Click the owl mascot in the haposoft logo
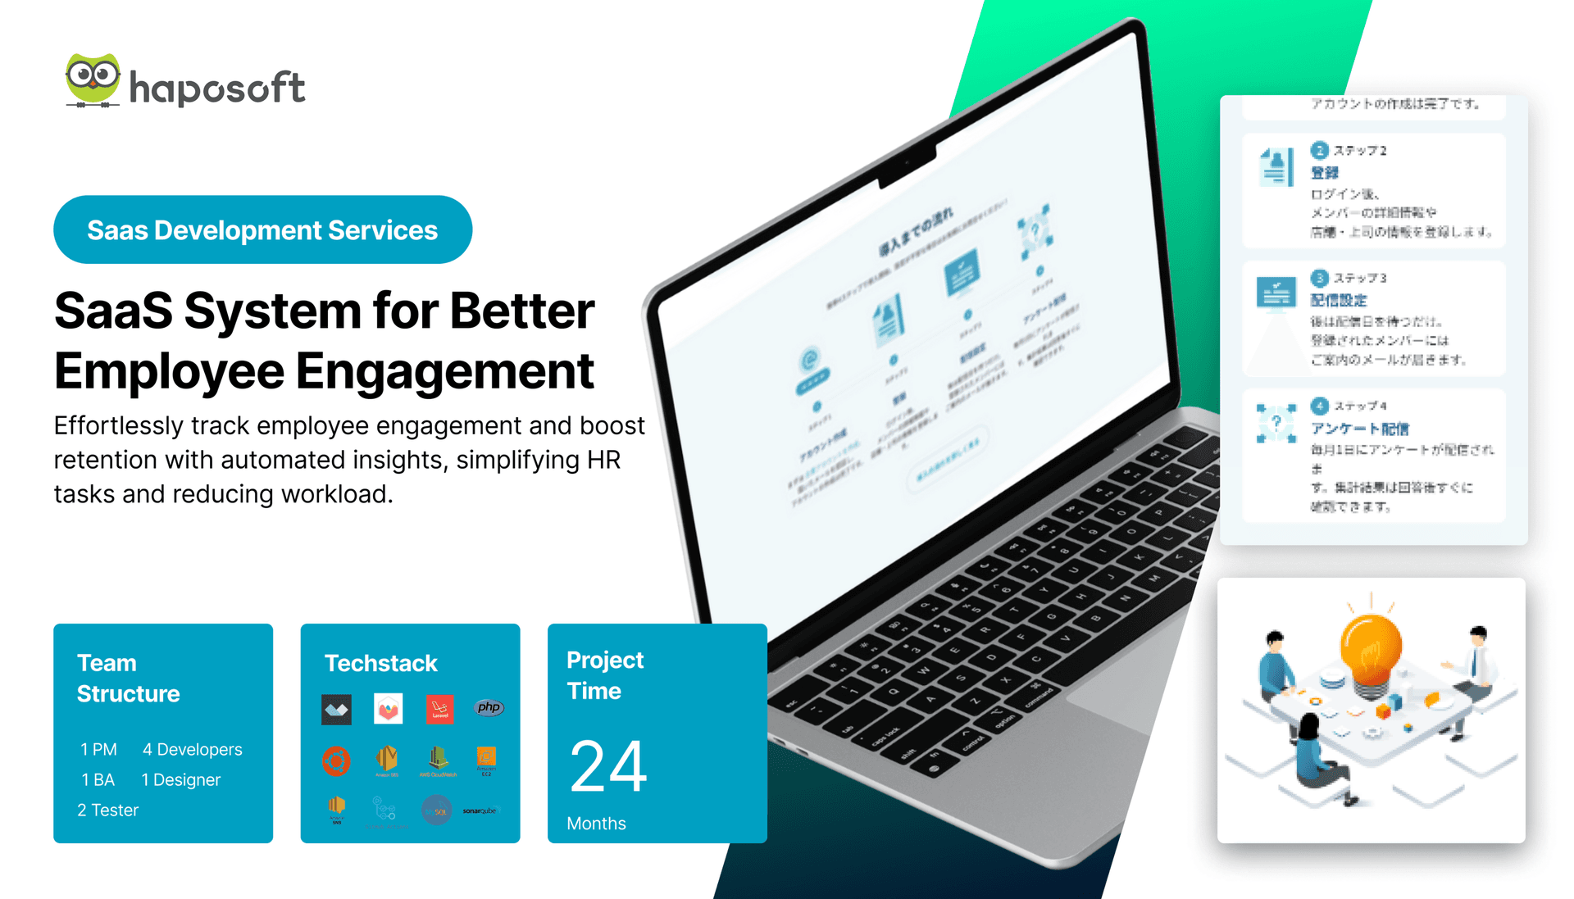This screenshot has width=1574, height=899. point(93,79)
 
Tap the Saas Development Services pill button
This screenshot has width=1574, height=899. point(262,229)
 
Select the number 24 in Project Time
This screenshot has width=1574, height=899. point(608,766)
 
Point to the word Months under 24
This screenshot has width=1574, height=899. point(596,823)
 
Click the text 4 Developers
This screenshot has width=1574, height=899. point(192,749)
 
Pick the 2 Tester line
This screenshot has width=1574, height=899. point(107,810)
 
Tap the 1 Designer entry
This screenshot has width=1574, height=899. point(180,779)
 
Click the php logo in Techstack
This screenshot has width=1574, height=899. point(489,707)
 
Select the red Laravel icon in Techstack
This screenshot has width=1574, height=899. point(439,708)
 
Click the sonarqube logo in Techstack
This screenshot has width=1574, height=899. point(480,810)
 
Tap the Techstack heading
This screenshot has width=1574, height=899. point(380,663)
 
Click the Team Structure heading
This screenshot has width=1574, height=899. point(128,678)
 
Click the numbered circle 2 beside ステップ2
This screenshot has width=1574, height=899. point(1319,150)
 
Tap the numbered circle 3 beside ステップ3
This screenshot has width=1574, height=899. point(1319,278)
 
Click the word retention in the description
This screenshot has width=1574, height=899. point(106,460)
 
